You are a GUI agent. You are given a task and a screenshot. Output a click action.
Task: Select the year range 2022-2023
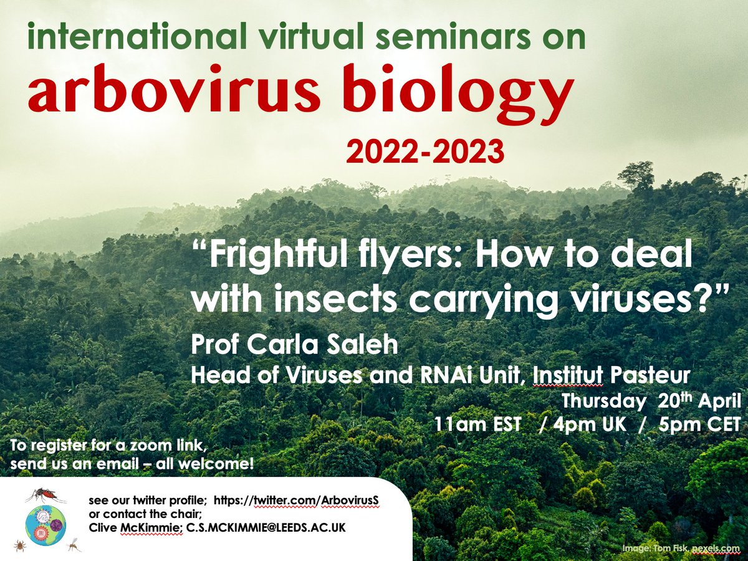[425, 151]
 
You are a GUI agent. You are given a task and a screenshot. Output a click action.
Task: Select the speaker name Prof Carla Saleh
[294, 345]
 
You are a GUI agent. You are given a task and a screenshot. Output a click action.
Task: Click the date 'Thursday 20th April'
[651, 400]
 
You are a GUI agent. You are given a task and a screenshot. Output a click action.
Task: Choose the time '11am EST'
[479, 424]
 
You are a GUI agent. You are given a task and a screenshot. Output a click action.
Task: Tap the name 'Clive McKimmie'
[135, 528]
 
